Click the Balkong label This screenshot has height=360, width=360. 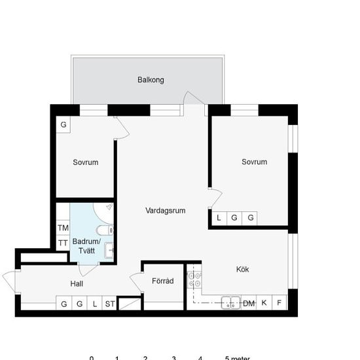[x=151, y=80]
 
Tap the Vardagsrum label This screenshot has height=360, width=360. [x=166, y=211]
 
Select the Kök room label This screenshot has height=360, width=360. [x=242, y=269]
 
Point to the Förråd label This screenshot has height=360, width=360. [x=163, y=281]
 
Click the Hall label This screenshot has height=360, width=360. [x=77, y=284]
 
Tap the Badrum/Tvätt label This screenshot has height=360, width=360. [x=86, y=246]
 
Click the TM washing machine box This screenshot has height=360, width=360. [x=63, y=228]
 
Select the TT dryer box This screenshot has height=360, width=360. [x=63, y=243]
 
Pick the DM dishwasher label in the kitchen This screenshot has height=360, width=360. [x=249, y=304]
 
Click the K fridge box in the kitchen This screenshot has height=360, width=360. [x=264, y=302]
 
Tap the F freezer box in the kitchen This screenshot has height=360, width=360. [x=279, y=302]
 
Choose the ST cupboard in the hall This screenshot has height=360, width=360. [x=109, y=303]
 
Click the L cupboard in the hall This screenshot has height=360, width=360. [x=95, y=303]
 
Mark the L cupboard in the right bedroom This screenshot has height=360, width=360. [x=219, y=218]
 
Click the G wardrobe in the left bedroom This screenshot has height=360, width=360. [x=63, y=124]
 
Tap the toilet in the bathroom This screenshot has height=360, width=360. [x=105, y=230]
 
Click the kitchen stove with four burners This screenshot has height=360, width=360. [x=194, y=279]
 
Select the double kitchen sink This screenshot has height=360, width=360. [x=231, y=303]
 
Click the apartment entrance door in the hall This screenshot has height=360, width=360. [x=9, y=282]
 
